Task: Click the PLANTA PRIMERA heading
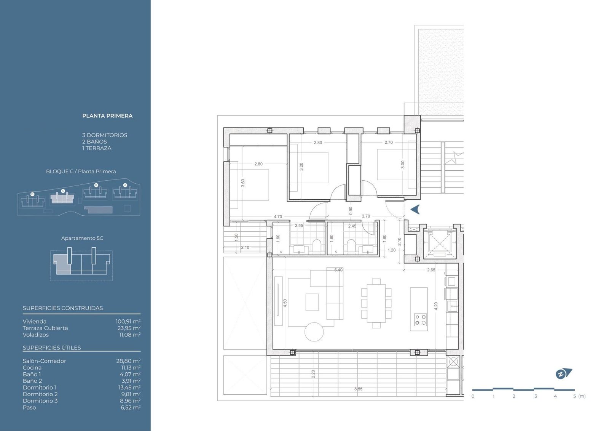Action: coord(107,116)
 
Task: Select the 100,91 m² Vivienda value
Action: coord(128,321)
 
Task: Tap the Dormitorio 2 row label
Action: coord(40,394)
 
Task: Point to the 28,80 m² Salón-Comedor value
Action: coord(128,361)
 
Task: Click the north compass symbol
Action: coord(564,373)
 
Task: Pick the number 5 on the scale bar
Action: coord(574,396)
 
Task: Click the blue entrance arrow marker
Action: coord(415,209)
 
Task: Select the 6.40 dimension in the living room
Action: coord(338,270)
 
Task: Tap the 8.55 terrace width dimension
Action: coord(358,389)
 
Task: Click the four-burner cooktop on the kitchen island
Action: coord(420,320)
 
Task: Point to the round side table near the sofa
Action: coord(314,332)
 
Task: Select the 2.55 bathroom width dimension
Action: coord(299,226)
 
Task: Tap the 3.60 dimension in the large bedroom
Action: coord(243,183)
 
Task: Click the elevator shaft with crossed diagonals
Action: coord(439,244)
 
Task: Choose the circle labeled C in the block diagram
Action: coord(63,191)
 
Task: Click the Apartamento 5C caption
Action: coord(82,238)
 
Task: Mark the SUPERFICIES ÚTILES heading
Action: coord(52,348)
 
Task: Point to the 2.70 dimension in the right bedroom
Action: coord(389,142)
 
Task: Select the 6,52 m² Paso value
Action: coord(131,407)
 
